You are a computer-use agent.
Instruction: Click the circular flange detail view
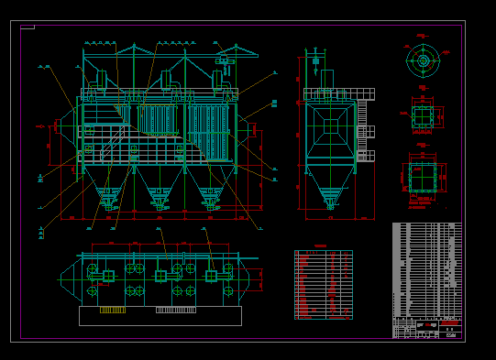(x=423, y=61)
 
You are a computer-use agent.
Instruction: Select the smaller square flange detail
(x=423, y=116)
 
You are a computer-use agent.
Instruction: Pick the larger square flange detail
(x=423, y=178)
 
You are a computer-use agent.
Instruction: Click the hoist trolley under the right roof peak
(x=223, y=61)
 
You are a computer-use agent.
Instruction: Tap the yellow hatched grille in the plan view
(x=113, y=310)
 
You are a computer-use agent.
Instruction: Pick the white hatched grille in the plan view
(x=175, y=310)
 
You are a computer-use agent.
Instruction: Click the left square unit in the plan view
(x=108, y=275)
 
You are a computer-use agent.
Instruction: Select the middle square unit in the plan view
(x=160, y=275)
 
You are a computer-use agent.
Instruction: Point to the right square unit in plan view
(x=211, y=275)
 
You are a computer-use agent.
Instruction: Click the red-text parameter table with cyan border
(x=323, y=284)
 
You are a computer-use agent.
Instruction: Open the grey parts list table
(x=426, y=269)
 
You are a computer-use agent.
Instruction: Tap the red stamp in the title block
(x=449, y=323)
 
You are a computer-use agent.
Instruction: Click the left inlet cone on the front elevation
(x=66, y=125)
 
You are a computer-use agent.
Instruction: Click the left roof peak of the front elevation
(x=134, y=48)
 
